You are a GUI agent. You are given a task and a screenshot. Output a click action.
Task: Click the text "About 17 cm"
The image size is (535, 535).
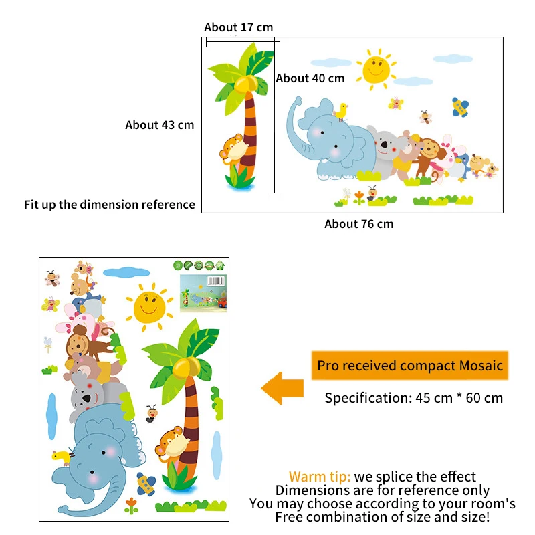tap(239, 27)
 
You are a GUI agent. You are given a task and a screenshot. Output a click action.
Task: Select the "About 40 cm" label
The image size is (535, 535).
tap(310, 78)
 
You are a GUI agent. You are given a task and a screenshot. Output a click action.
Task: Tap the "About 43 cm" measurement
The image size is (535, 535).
tap(159, 125)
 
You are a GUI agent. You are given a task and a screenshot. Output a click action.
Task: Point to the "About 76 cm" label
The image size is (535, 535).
tap(358, 224)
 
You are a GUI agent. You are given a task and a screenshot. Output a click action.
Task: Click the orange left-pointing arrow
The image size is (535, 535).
tap(282, 389)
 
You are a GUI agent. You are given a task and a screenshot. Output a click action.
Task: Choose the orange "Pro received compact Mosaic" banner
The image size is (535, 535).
tap(410, 366)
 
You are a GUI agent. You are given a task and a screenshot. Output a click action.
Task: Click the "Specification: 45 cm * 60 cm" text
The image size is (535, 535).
tap(413, 398)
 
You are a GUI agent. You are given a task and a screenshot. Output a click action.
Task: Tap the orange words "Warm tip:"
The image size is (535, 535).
tap(320, 477)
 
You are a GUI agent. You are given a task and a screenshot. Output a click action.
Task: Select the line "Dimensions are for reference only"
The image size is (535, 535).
tap(383, 490)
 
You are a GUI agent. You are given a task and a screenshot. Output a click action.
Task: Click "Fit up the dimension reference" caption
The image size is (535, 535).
tap(110, 205)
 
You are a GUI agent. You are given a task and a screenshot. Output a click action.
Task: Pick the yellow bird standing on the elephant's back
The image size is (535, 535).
tap(342, 111)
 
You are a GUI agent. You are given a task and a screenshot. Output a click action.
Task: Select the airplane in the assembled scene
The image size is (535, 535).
tap(459, 107)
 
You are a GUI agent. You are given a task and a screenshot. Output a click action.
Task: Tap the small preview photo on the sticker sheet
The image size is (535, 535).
tap(203, 292)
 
